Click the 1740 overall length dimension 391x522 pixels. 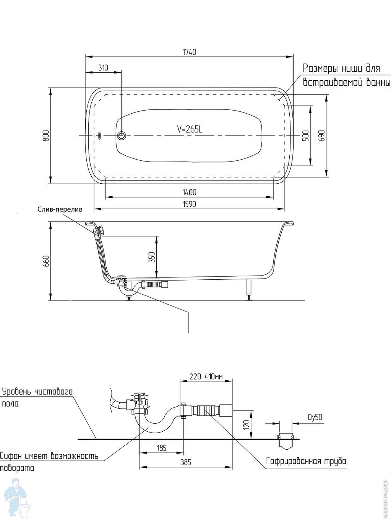click(189, 52)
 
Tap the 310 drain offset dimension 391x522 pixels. click(103, 68)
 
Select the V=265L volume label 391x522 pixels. click(189, 129)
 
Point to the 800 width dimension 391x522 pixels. click(46, 136)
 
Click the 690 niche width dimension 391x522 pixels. click(321, 136)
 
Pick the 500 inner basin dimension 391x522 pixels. click(305, 136)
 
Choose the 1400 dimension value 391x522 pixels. click(189, 192)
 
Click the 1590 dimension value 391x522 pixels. click(189, 204)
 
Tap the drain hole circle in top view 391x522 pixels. click(122, 135)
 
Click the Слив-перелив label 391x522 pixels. click(60, 209)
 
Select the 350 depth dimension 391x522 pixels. click(152, 256)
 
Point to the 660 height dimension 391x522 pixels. click(46, 261)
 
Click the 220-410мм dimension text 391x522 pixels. click(206, 377)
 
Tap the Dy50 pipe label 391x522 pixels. click(315, 417)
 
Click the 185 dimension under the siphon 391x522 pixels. click(162, 448)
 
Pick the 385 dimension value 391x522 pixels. click(185, 462)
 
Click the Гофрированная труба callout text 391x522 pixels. click(306, 461)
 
